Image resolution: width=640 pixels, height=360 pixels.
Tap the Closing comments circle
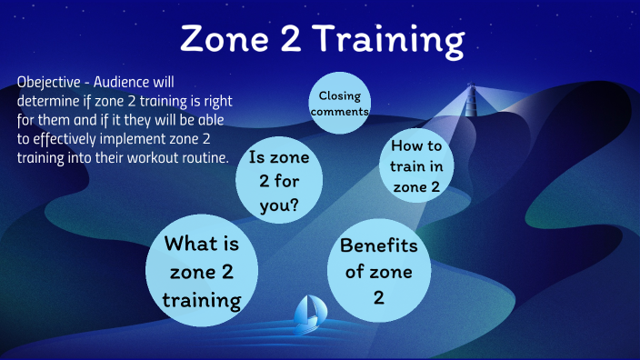340,102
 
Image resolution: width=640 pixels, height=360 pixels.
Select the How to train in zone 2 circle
416,165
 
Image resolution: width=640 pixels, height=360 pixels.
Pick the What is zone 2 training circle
202,272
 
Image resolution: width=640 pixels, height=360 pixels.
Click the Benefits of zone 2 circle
378,270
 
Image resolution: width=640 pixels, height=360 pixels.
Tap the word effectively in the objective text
65,139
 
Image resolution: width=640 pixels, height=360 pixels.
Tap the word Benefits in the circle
378,245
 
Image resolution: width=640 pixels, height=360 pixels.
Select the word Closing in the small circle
340,95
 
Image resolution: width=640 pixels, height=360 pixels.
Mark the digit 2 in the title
288,39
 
